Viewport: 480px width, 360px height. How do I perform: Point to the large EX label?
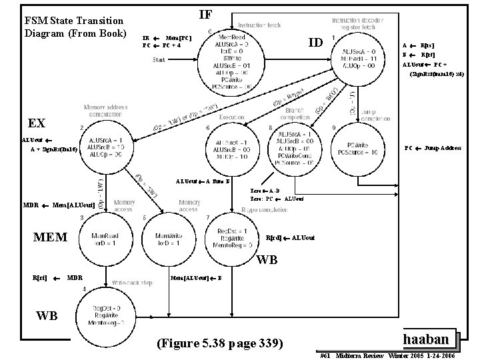(x=37, y=123)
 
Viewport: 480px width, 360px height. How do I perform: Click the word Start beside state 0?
(x=160, y=61)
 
